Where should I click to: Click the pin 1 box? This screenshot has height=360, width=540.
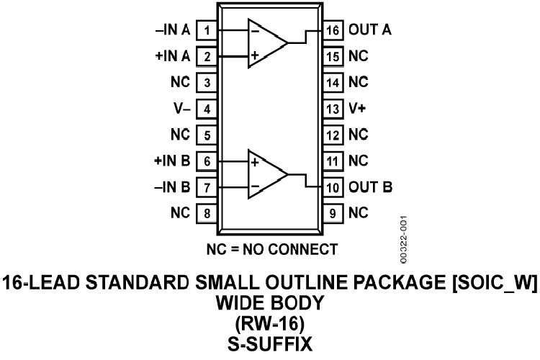click(x=207, y=30)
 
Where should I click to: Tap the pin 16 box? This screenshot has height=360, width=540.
click(x=332, y=30)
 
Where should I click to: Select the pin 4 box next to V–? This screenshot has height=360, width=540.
click(x=207, y=109)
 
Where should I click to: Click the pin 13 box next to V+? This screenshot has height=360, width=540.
click(x=332, y=109)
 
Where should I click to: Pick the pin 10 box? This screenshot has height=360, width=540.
click(x=332, y=187)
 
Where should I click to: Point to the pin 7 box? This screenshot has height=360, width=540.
click(x=207, y=187)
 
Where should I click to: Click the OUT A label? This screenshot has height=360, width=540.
click(x=370, y=30)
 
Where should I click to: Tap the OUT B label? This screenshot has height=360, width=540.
click(x=370, y=187)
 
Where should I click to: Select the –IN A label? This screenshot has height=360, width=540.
click(x=173, y=30)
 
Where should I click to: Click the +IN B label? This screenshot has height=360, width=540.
click(x=173, y=161)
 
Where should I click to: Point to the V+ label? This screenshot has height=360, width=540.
click(x=358, y=109)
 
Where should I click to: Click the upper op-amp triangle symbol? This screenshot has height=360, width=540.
click(x=266, y=43)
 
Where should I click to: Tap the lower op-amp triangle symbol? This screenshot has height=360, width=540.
click(x=266, y=174)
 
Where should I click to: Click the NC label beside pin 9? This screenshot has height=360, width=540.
click(x=358, y=213)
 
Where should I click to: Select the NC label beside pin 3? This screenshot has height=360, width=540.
click(x=180, y=83)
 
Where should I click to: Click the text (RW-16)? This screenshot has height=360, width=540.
click(x=270, y=324)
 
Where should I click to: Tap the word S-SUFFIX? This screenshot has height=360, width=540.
click(x=270, y=344)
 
